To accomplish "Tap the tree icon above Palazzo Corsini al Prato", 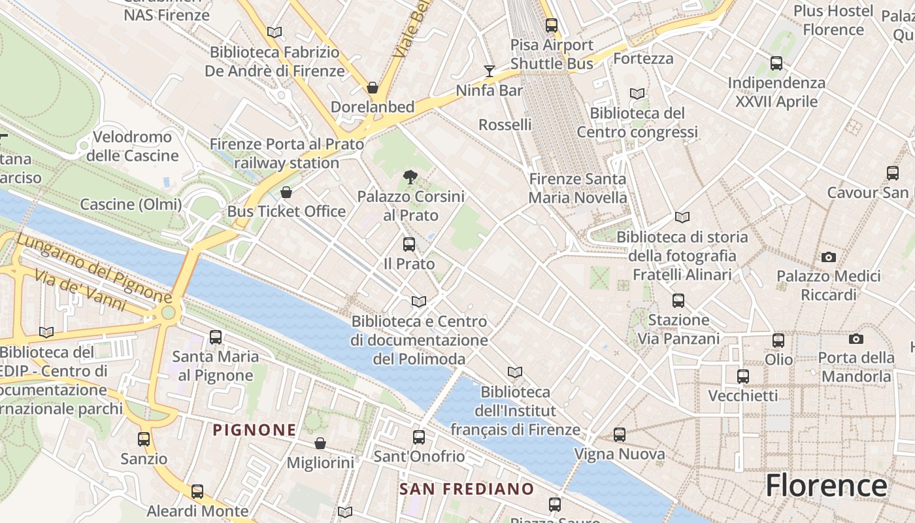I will tap(410, 177).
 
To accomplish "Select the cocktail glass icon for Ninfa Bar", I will tap(490, 71).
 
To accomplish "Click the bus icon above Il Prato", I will tap(409, 245).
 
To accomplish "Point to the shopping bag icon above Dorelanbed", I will tap(373, 87).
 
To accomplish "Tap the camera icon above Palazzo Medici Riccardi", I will tap(829, 257).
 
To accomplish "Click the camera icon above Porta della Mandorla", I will tap(856, 339).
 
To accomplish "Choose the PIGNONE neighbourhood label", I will tap(255, 430).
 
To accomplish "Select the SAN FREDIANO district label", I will tap(467, 489).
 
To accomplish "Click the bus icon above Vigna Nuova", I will tap(620, 434).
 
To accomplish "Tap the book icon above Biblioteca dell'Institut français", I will tap(515, 372).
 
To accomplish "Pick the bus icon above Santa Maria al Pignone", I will tap(216, 337).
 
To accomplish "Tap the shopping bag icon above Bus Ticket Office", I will tap(286, 192).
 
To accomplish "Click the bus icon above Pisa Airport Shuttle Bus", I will tap(552, 25).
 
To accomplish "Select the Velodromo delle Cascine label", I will tap(133, 146).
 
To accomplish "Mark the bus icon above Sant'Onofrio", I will tap(419, 437).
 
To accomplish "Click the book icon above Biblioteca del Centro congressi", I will tap(637, 93).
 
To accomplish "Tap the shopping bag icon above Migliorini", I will tap(320, 443).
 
